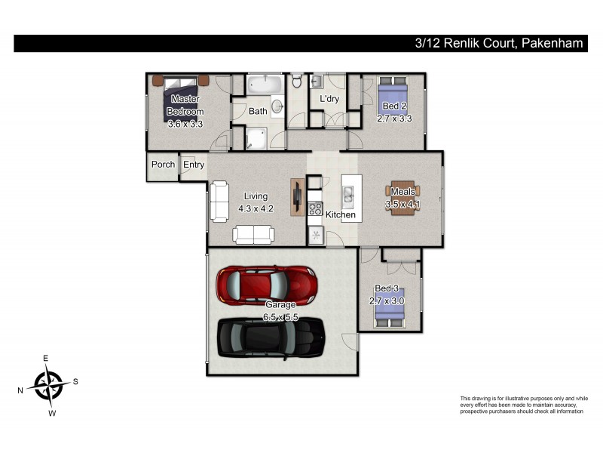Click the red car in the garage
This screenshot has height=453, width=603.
pyautogui.click(x=265, y=285)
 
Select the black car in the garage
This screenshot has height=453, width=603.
pyautogui.click(x=271, y=337)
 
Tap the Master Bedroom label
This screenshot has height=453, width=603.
pyautogui.click(x=185, y=106)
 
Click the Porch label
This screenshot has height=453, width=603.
pyautogui.click(x=163, y=165)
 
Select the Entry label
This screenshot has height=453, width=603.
pyautogui.click(x=194, y=165)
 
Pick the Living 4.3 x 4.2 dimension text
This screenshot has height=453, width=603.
pyautogui.click(x=255, y=208)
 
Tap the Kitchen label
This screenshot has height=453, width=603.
pyautogui.click(x=340, y=215)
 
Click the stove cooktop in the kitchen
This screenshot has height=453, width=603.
pyautogui.click(x=315, y=209)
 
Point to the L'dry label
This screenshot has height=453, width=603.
pyautogui.click(x=329, y=99)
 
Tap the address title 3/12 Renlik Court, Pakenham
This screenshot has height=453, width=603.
pyautogui.click(x=499, y=44)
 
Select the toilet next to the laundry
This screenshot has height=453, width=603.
pyautogui.click(x=297, y=81)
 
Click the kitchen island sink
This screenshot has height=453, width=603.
pyautogui.click(x=349, y=198)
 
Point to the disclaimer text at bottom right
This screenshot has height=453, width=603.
pyautogui.click(x=523, y=405)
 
